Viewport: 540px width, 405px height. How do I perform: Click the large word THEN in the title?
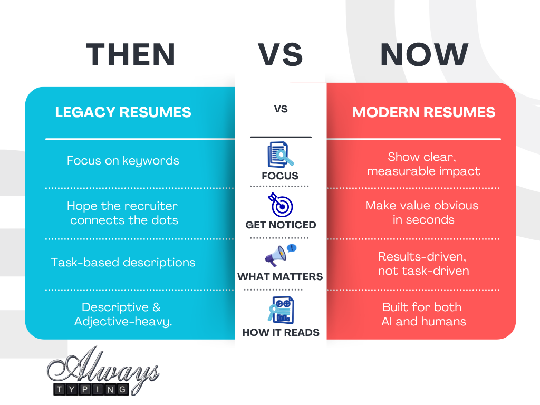131,55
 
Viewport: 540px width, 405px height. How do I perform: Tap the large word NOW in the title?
424,55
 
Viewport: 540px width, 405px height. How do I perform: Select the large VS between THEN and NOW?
280,55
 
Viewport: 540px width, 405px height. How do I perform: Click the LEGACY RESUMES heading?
123,112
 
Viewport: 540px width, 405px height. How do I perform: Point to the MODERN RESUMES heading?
423,112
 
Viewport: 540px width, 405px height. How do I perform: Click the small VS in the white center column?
281,110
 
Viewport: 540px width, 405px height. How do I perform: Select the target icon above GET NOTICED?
281,206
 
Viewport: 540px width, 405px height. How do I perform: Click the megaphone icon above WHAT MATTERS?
280,255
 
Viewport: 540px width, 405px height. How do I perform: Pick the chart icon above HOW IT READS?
280,310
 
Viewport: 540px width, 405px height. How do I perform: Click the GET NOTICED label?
281,225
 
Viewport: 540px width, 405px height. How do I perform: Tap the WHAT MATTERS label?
280,277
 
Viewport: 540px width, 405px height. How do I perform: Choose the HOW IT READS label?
281,332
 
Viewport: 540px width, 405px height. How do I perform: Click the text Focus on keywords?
123,161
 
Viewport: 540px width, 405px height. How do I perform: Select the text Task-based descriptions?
123,262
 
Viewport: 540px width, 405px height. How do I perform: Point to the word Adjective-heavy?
123,322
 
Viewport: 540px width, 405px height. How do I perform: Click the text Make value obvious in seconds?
422,212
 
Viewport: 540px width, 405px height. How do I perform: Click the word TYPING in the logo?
91,389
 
